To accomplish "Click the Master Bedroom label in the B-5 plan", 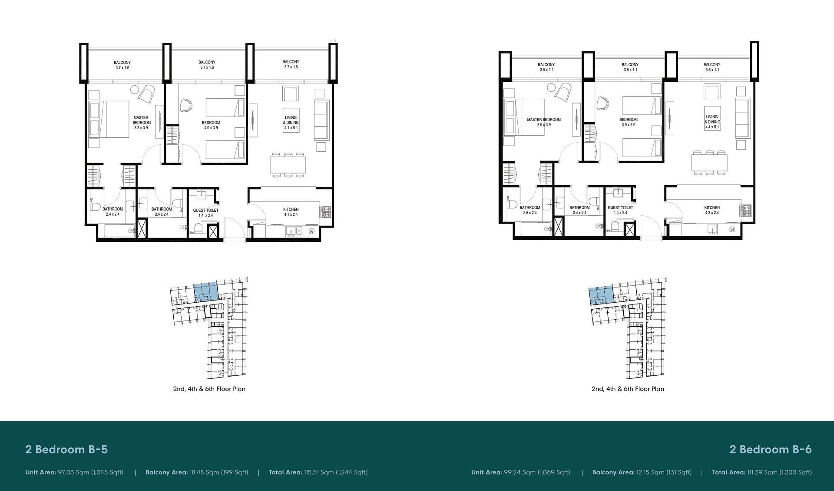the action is [x=142, y=120].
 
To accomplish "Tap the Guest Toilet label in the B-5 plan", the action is [x=206, y=210].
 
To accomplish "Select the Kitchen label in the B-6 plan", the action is [x=712, y=208].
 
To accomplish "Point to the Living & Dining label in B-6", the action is [x=712, y=120].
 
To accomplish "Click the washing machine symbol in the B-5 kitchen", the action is [x=311, y=231].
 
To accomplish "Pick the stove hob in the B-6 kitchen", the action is [x=746, y=210].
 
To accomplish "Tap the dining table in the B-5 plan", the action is [x=288, y=165].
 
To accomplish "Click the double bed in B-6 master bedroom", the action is [x=524, y=117].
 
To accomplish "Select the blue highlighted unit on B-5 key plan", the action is [x=205, y=291].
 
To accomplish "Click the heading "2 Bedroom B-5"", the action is [x=66, y=449].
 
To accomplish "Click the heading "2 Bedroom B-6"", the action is [x=771, y=449].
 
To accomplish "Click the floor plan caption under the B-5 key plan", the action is [x=209, y=389].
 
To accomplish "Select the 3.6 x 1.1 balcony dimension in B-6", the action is [x=712, y=70].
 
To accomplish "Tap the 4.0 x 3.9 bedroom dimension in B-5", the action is [x=211, y=128].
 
